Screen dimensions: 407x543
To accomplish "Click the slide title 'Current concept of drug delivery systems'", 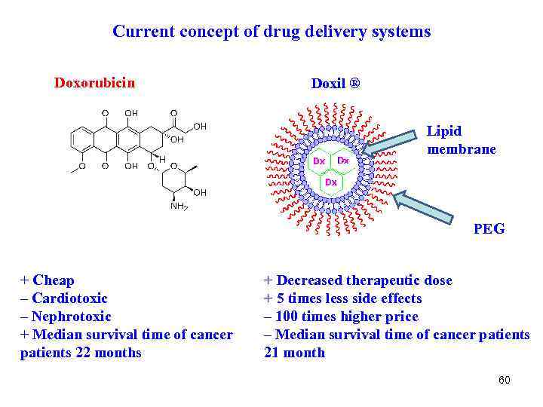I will click(271, 32).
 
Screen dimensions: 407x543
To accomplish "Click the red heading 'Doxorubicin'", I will click(94, 82).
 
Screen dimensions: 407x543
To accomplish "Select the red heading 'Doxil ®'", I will click(336, 83).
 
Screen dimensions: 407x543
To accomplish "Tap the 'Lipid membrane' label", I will click(461, 139).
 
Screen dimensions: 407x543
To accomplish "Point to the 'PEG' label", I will click(489, 228).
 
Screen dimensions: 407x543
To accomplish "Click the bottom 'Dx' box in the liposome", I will click(331, 182).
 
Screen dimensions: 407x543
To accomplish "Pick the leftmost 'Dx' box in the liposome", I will click(319, 161).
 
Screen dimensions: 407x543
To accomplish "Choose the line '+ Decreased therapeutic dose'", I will click(357, 280).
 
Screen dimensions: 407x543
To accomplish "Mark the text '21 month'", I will click(294, 353).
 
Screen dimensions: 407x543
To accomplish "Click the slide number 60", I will click(504, 380).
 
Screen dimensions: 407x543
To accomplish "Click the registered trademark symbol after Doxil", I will click(354, 82).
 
